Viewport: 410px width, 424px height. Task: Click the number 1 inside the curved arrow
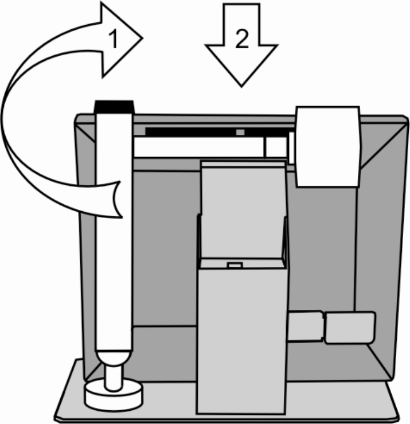[x=114, y=40]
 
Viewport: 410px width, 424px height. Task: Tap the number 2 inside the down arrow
[x=242, y=38]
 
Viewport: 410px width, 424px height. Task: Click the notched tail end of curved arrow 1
[x=118, y=199]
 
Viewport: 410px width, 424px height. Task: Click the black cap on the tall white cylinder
[x=115, y=106]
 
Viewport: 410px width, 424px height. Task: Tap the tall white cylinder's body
[x=114, y=229]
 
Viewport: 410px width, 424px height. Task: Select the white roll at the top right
[x=327, y=146]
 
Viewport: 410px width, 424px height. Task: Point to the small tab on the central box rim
[x=233, y=265]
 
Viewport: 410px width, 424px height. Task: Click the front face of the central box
[x=241, y=339]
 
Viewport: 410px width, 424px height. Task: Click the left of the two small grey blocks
[x=304, y=327]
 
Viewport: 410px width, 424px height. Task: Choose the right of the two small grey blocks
[x=349, y=328]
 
